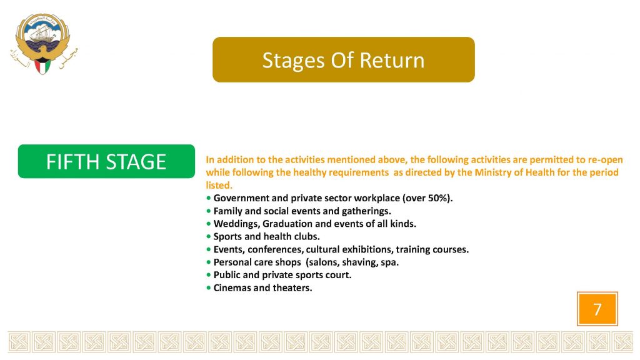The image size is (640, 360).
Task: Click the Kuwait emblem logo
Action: (44, 44)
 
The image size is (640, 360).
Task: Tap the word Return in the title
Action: (392, 60)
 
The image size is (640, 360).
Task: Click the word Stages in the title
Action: (294, 61)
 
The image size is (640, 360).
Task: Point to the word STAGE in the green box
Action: (136, 162)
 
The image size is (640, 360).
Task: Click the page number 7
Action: (597, 309)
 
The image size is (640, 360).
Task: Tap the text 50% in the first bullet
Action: (438, 198)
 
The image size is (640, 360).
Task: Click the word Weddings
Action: (236, 224)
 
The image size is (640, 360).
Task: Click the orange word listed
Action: (219, 185)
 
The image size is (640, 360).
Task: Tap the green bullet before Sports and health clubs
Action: (209, 237)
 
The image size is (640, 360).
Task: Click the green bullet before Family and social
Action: (209, 211)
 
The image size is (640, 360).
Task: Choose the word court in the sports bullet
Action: (338, 275)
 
